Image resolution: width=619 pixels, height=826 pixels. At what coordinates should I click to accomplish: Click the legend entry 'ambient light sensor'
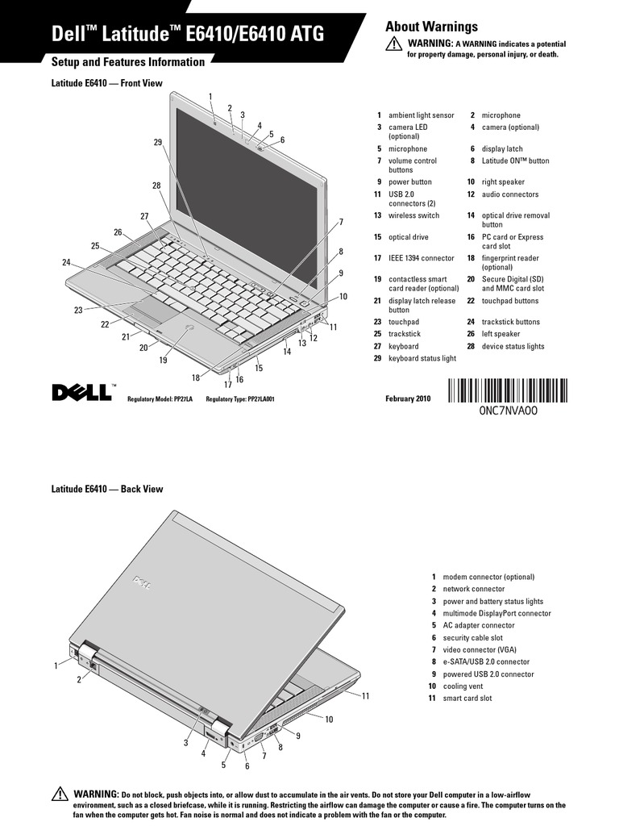421,115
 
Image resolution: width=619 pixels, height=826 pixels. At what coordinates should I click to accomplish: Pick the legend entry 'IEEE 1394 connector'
421,258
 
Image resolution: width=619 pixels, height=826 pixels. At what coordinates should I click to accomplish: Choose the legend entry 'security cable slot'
472,638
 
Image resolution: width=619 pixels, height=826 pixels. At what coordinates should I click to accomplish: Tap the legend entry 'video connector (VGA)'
480,650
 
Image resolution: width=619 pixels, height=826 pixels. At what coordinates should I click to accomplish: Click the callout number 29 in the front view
157,142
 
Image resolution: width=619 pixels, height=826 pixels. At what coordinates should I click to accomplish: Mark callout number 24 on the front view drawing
66,262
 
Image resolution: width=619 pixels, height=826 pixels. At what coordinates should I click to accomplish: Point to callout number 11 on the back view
365,695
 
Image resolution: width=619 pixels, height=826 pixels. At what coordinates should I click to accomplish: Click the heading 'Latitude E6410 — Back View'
107,489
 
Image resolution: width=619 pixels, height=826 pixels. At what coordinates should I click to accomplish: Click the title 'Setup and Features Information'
128,62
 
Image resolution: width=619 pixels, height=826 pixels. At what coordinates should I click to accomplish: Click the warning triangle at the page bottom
59,794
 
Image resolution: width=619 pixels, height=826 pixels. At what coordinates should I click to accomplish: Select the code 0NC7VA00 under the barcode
507,410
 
